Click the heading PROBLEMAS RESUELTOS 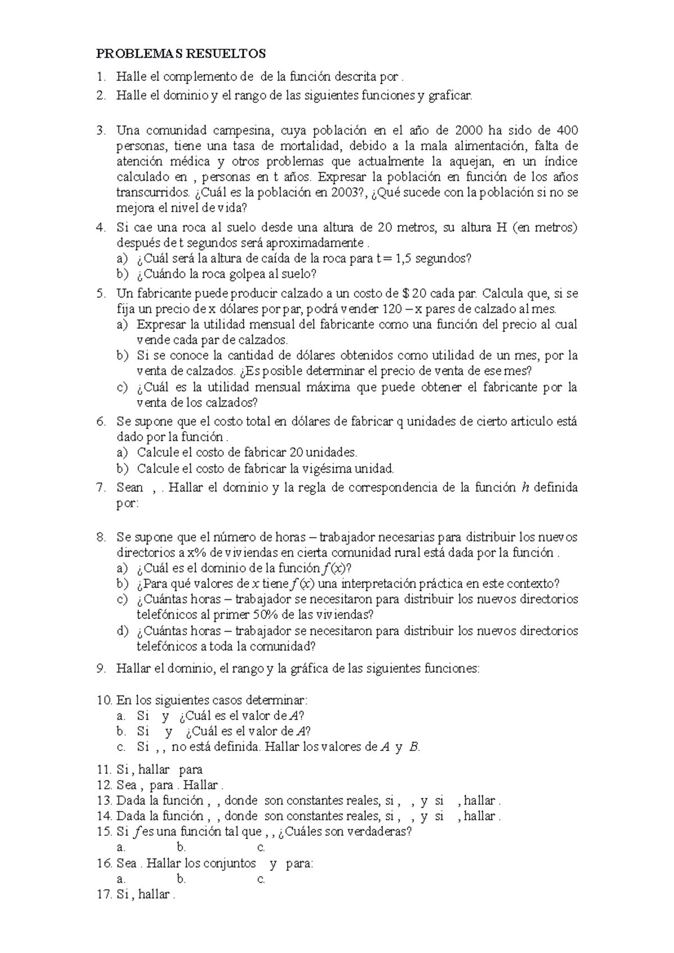181,54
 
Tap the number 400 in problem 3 568,130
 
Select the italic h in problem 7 526,488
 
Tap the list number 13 104,801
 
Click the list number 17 104,895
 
